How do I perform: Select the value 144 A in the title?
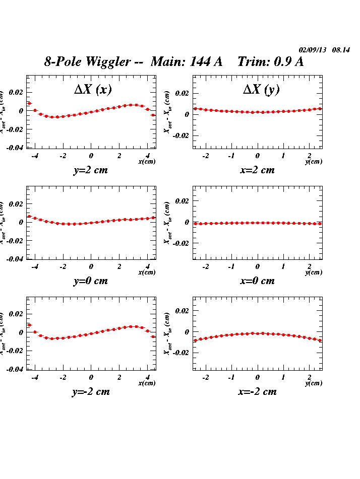pyautogui.click(x=205, y=62)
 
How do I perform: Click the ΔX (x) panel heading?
pyautogui.click(x=93, y=90)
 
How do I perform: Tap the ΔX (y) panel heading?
pyautogui.click(x=261, y=90)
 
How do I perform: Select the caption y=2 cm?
pyautogui.click(x=91, y=170)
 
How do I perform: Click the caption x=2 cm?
pyautogui.click(x=257, y=170)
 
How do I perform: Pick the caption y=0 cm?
pyautogui.click(x=91, y=281)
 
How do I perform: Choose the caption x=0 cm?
pyautogui.click(x=257, y=281)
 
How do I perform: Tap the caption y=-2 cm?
pyautogui.click(x=91, y=392)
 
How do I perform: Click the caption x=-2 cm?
pyautogui.click(x=257, y=392)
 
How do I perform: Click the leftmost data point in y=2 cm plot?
pyautogui.click(x=29, y=103)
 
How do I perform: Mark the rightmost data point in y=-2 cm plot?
pyautogui.click(x=153, y=336)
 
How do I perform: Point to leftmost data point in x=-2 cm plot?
pyautogui.click(x=195, y=340)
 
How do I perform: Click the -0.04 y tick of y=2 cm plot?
pyautogui.click(x=15, y=148)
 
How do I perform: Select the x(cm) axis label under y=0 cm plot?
pyautogui.click(x=147, y=272)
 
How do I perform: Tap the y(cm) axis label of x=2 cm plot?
pyautogui.click(x=313, y=162)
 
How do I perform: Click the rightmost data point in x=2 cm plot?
pyautogui.click(x=320, y=108)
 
